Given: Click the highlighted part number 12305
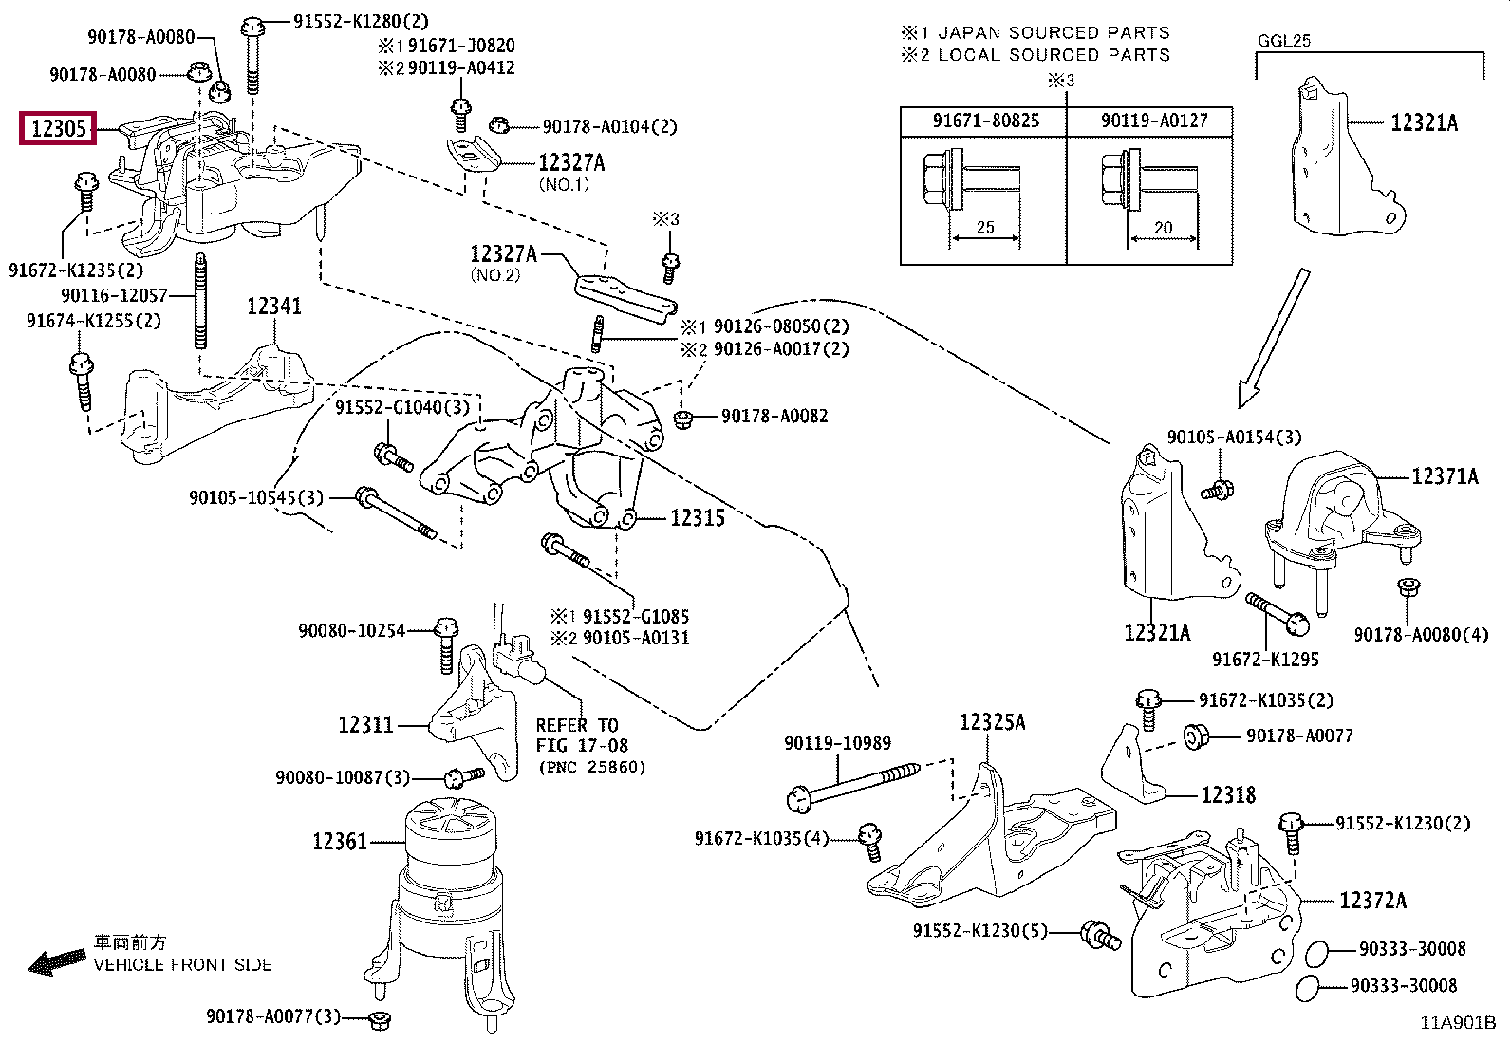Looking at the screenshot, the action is [58, 128].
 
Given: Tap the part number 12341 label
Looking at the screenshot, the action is [274, 307].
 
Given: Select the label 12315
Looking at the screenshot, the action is [698, 518].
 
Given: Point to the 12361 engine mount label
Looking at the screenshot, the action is [340, 841].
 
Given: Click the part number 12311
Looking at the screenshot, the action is [365, 724].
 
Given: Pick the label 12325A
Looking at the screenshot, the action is [992, 722].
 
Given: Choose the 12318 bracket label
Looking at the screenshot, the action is [1228, 794].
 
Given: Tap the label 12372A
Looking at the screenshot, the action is [1372, 900].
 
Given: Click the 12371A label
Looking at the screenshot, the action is [1445, 476].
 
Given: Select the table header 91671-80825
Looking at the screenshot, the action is [985, 121].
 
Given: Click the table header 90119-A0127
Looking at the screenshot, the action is [1154, 121].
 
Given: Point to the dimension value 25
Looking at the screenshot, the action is [985, 227].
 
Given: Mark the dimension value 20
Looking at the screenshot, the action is [1163, 228].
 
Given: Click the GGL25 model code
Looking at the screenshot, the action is [1283, 41].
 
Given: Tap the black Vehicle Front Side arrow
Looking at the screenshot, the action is [57, 962].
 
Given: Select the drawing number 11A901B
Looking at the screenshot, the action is [1458, 1023].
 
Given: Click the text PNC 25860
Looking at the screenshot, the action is [591, 767].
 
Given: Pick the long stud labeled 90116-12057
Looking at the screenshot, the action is [200, 301].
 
